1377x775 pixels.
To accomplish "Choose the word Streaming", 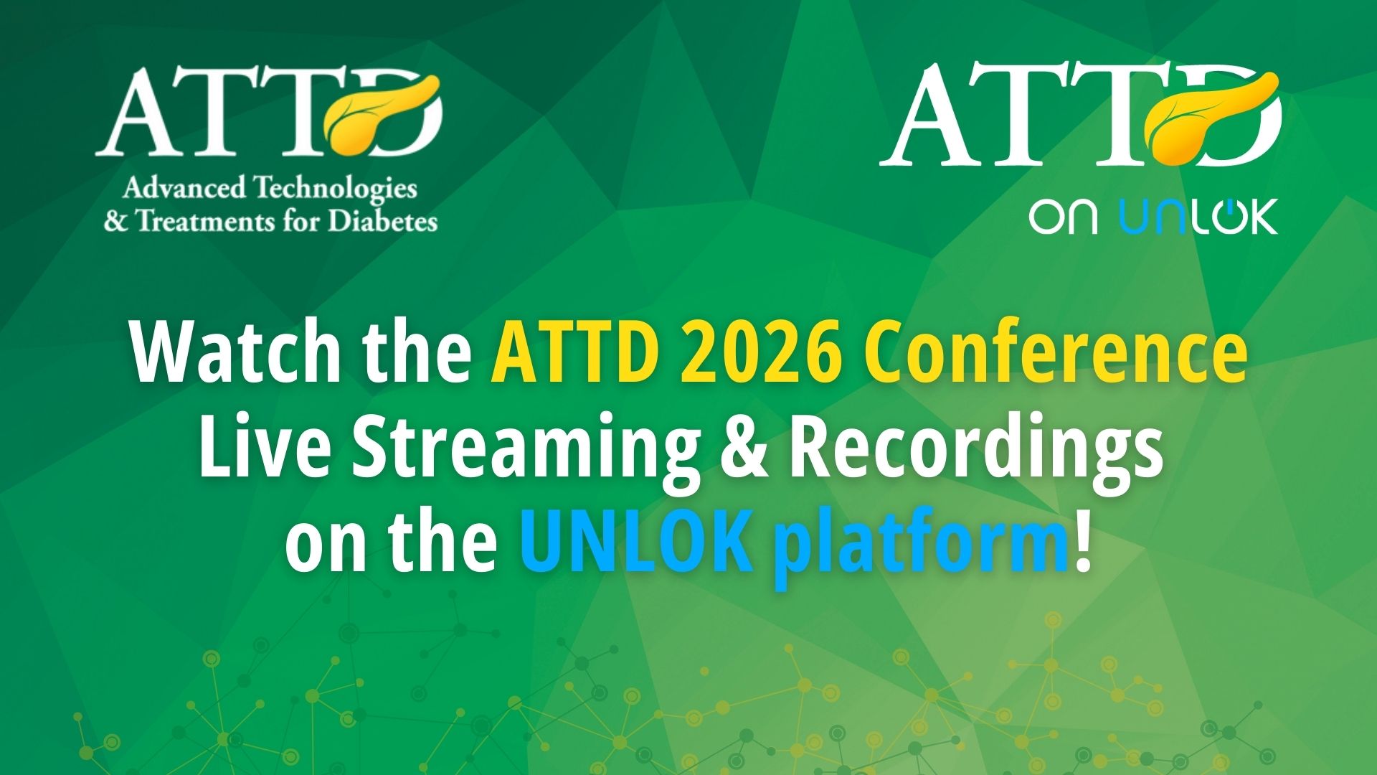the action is (525, 454).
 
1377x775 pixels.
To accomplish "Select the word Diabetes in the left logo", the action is (382, 220).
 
